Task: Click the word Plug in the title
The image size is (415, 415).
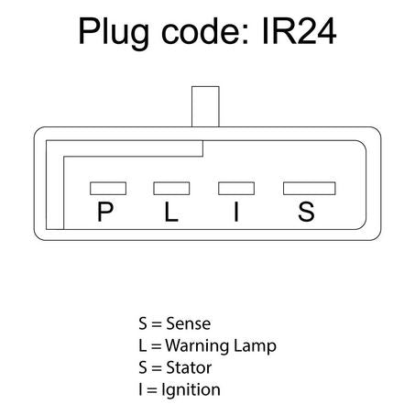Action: coord(114,33)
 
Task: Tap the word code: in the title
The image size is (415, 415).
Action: coord(205,31)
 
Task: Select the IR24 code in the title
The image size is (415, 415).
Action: coord(300,31)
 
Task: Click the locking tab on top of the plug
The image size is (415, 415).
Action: coord(205,106)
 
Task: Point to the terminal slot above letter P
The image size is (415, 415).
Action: coord(108,188)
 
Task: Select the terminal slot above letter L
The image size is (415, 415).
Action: coord(171,188)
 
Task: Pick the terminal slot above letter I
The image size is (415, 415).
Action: coord(236,188)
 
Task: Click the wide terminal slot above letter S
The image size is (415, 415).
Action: coord(310,188)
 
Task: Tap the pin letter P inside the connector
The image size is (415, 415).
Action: coord(105,212)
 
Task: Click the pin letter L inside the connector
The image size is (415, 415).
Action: coord(171,212)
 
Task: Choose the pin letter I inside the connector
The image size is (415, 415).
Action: coord(236,212)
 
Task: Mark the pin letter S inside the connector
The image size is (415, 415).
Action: coord(306,212)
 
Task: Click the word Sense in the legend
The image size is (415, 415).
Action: coord(189,323)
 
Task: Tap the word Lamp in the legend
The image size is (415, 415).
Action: coord(255,347)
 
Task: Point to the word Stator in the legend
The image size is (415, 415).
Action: coord(189,367)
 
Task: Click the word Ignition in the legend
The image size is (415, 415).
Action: coord(191,390)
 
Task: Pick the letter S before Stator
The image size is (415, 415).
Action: coord(143,367)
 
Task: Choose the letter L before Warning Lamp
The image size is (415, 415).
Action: coord(142,345)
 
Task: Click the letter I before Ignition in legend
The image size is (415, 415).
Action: coord(140,389)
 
